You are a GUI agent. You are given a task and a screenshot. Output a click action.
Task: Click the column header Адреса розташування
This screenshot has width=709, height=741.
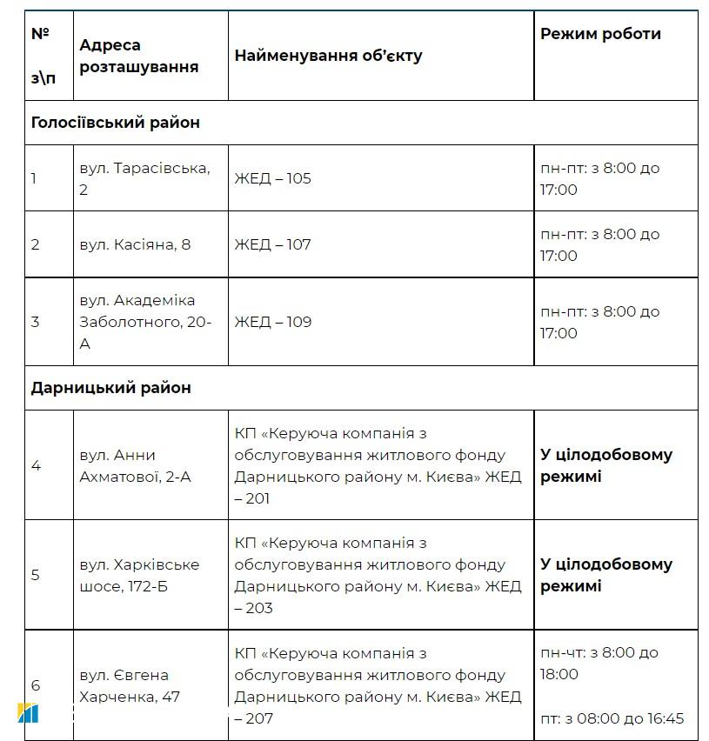tap(139, 56)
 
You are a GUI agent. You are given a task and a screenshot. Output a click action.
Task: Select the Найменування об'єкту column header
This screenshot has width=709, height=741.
tap(328, 56)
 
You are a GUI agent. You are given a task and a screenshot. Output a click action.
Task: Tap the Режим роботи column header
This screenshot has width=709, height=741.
tap(600, 34)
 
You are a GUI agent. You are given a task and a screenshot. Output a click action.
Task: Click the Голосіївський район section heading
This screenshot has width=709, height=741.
tap(116, 123)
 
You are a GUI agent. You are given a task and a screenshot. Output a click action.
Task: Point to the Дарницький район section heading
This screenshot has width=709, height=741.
tap(110, 388)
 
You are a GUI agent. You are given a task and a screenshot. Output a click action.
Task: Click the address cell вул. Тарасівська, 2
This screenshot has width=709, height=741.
tap(144, 178)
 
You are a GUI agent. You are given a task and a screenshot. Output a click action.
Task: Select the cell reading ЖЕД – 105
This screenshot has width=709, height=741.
tap(272, 178)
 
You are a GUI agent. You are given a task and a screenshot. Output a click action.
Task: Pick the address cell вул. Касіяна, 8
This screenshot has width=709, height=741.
tap(135, 244)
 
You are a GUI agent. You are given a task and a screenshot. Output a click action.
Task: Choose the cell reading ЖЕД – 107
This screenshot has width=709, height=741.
tap(272, 244)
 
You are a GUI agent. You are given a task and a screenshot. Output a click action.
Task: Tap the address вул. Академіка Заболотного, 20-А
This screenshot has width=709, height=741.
tap(145, 322)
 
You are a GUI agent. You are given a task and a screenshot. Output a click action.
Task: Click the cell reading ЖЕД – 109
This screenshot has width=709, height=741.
tap(272, 322)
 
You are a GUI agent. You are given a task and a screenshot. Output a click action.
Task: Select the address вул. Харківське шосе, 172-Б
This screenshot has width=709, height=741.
tap(139, 575)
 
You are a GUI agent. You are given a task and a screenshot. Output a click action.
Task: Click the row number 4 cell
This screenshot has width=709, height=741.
tap(36, 465)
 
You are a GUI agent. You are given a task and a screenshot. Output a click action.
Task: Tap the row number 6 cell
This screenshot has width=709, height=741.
tap(36, 685)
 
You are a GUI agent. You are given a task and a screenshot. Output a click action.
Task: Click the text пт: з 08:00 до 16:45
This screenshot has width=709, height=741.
tap(612, 718)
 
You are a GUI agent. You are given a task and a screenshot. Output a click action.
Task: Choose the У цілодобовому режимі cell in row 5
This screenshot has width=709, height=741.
tap(605, 575)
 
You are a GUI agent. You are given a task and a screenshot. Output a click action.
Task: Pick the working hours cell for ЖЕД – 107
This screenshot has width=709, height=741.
tap(599, 244)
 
